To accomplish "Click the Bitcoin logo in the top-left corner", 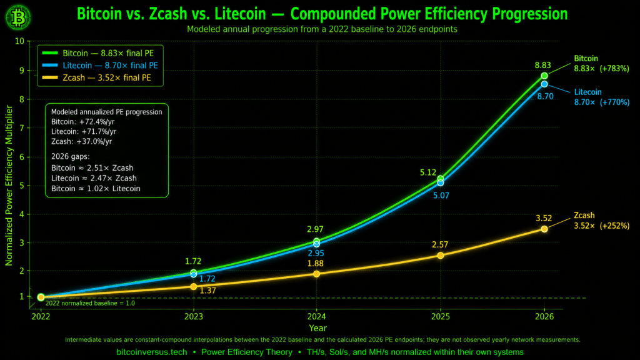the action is pyautogui.click(x=18, y=17).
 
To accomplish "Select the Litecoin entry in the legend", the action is pyautogui.click(x=100, y=65).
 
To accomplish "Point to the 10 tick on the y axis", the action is pyautogui.click(x=19, y=41).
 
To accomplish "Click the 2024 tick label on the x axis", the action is pyautogui.click(x=316, y=316).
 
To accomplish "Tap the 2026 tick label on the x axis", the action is pyautogui.click(x=544, y=316).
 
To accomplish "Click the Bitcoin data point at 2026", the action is pyautogui.click(x=544, y=76).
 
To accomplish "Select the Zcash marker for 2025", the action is pyautogui.click(x=441, y=256).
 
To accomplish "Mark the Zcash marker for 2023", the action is pyautogui.click(x=194, y=286).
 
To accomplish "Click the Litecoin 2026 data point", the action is pyautogui.click(x=544, y=84).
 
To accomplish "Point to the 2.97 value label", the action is pyautogui.click(x=315, y=229).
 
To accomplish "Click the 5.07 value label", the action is pyautogui.click(x=441, y=196).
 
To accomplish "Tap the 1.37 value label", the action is pyautogui.click(x=207, y=291).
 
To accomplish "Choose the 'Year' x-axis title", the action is pyautogui.click(x=317, y=328).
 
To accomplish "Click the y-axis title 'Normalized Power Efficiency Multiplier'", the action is pyautogui.click(x=9, y=185).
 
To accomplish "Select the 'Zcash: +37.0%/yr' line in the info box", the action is pyautogui.click(x=82, y=141).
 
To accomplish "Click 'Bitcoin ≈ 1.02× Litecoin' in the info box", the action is pyautogui.click(x=96, y=189).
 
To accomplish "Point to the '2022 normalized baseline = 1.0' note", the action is pyautogui.click(x=90, y=303).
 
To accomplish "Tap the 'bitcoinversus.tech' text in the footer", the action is pyautogui.click(x=152, y=352).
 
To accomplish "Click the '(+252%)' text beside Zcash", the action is pyautogui.click(x=614, y=226).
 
